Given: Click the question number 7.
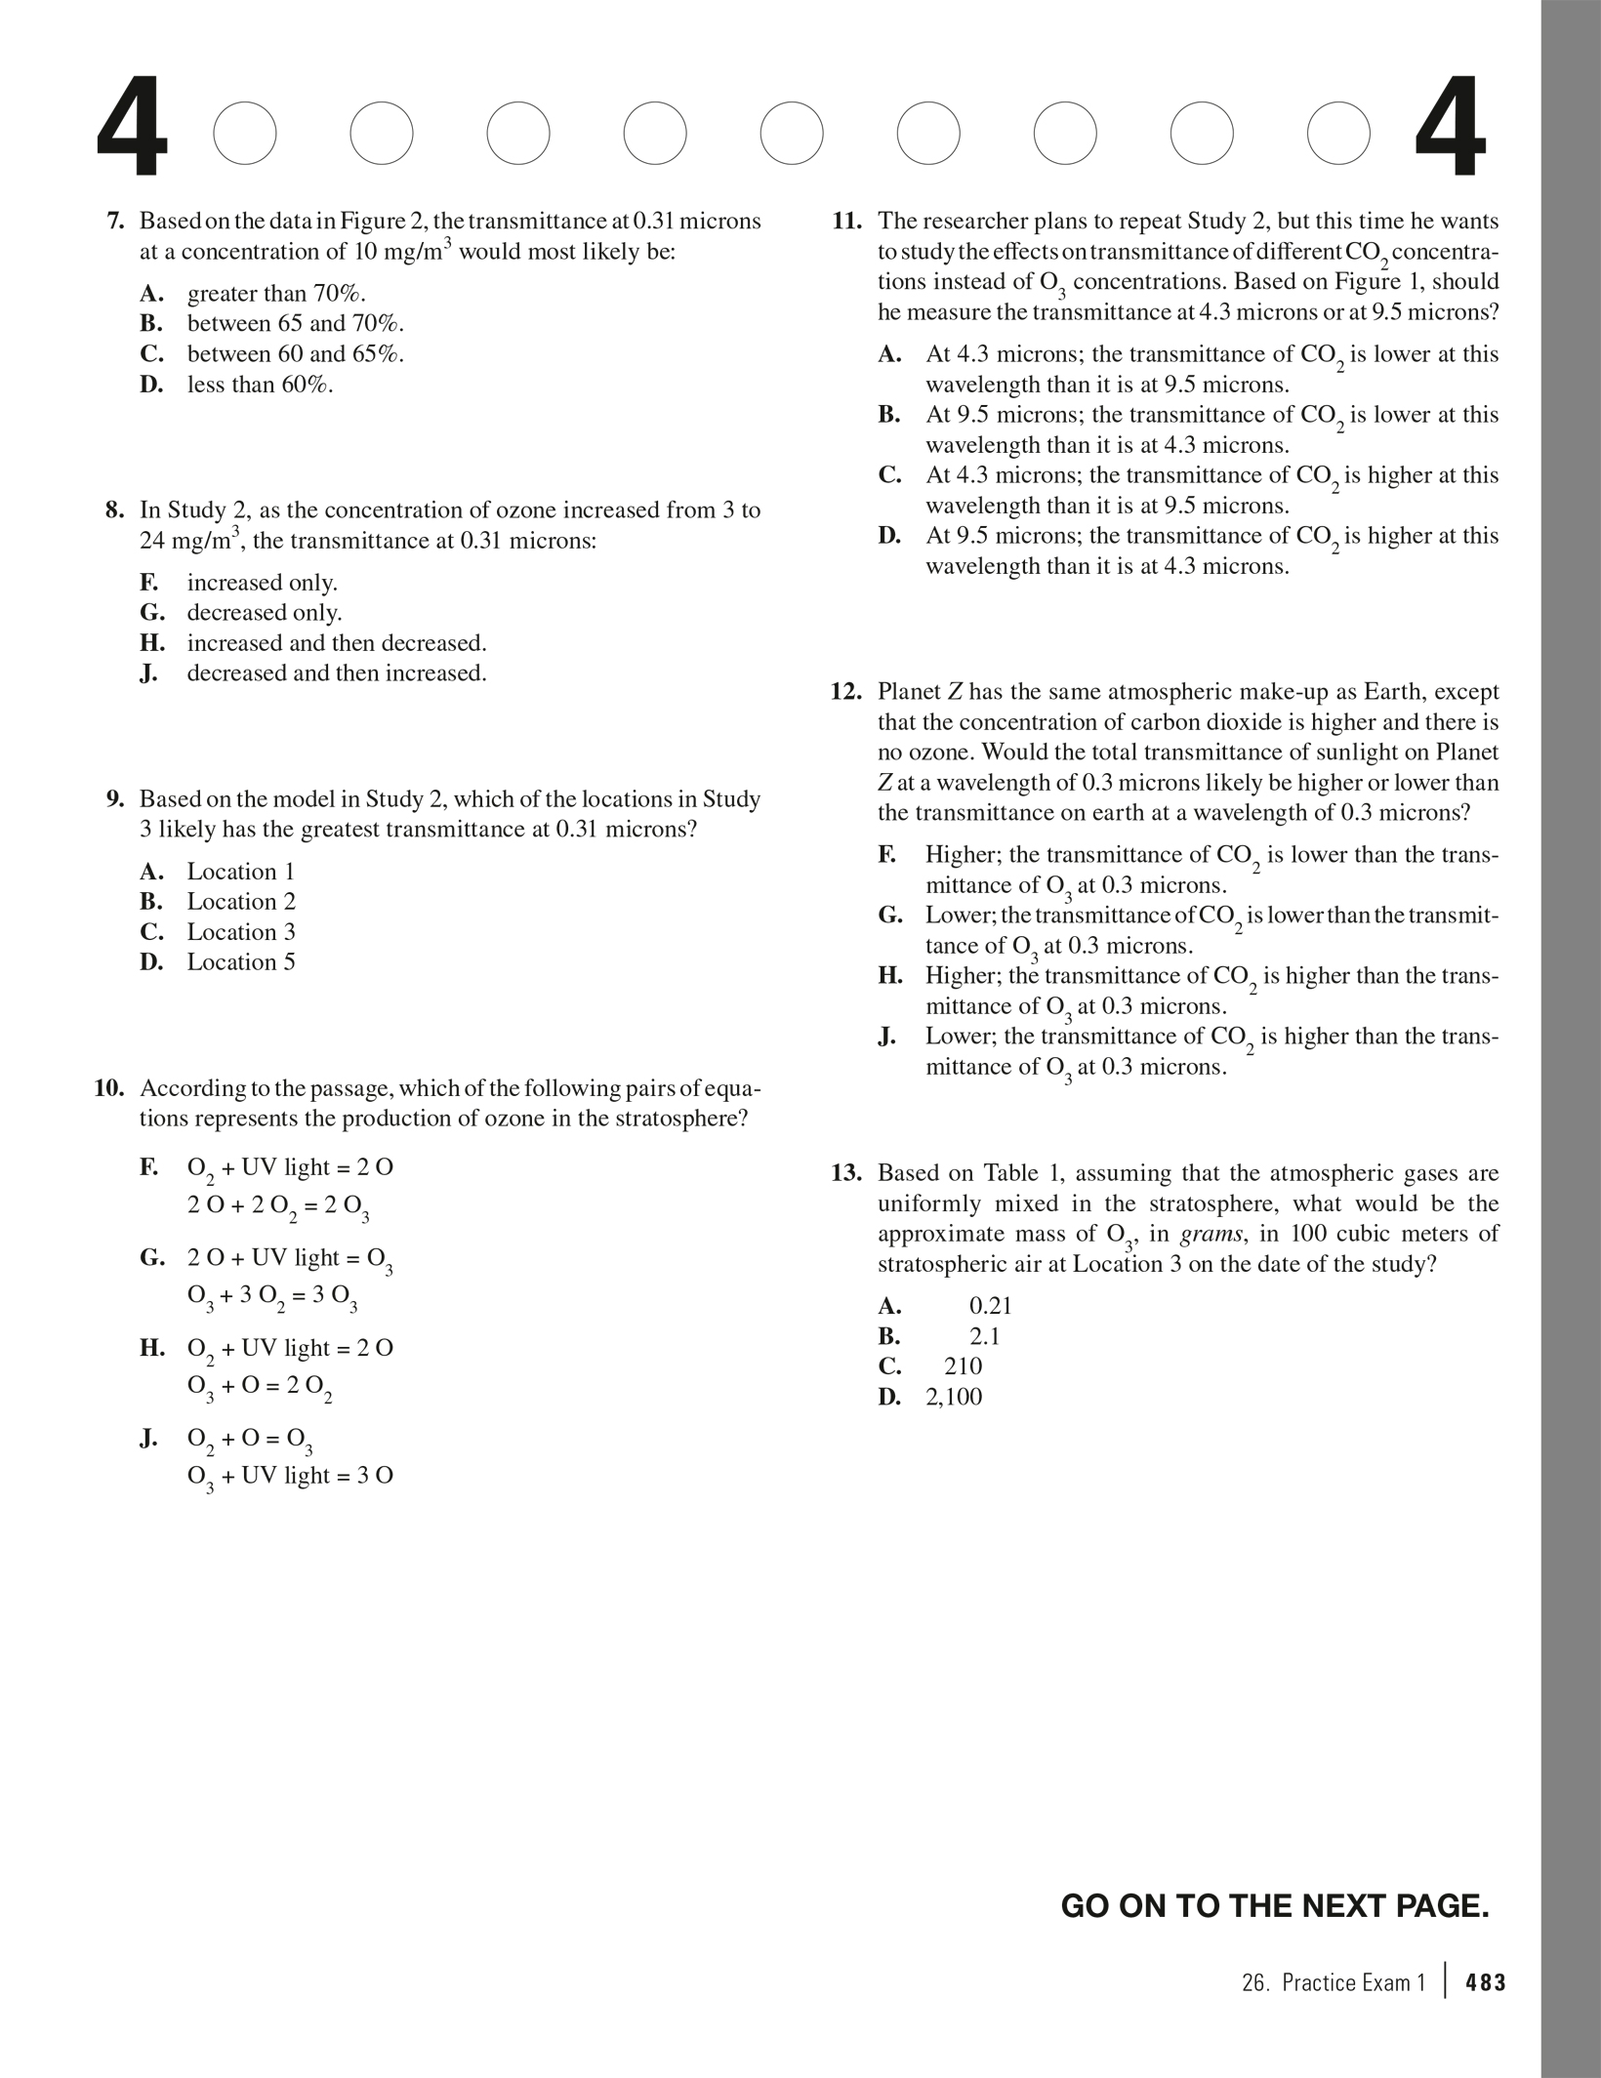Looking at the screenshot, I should coord(114,222).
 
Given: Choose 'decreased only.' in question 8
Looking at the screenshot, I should coord(265,613).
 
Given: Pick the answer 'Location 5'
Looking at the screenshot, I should coord(241,962).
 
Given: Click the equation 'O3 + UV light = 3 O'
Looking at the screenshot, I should coord(290,1477).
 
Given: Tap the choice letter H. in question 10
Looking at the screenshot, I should coord(151,1349).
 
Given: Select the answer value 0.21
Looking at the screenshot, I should coord(990,1306).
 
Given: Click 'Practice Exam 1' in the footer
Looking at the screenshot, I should coord(1353,1982).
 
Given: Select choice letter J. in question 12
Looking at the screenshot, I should coord(887,1037).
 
